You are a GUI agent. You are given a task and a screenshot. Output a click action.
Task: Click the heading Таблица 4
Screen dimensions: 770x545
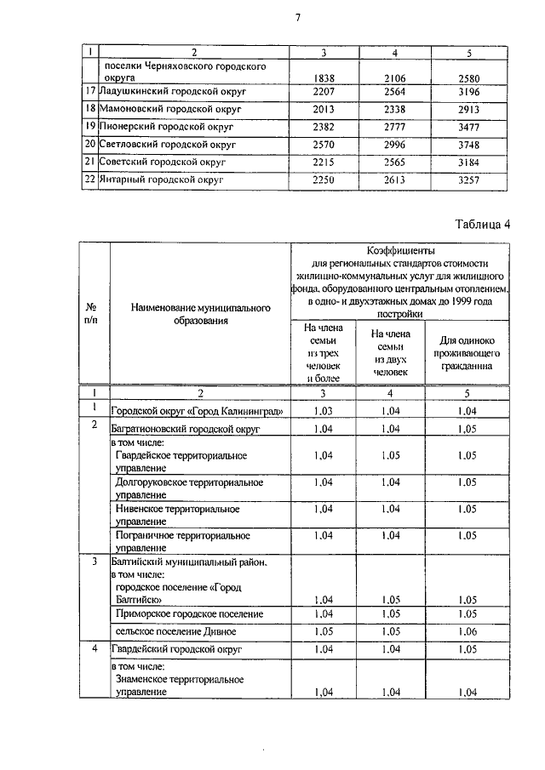tap(482, 225)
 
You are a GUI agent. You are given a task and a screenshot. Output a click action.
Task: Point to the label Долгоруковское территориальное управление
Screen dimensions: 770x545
tap(176, 488)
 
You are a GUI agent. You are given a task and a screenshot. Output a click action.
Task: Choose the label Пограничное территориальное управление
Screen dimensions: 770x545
tap(181, 541)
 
